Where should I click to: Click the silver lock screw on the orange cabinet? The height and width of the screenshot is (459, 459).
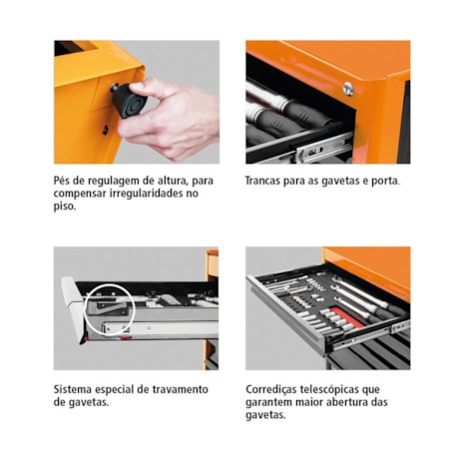(347, 87)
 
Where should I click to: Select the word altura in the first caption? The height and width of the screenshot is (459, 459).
(159, 181)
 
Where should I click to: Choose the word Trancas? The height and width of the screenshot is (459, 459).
(268, 181)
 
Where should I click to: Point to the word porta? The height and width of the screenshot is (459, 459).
(382, 181)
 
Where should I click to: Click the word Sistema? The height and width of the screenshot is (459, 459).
(76, 389)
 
